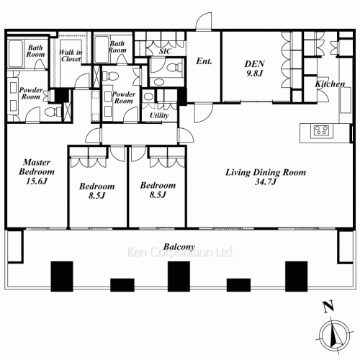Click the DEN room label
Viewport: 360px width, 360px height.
tap(255, 64)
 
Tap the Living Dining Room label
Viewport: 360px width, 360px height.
tap(266, 172)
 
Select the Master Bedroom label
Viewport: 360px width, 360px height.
tap(37, 167)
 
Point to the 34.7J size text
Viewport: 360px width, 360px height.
tap(266, 181)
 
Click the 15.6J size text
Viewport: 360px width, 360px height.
tap(37, 181)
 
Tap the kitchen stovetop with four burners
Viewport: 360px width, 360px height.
tap(322, 131)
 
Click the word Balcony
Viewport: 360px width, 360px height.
tap(179, 247)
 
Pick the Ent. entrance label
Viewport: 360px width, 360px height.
tap(204, 61)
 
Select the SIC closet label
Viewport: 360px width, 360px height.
tap(165, 51)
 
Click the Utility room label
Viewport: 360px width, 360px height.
tap(159, 115)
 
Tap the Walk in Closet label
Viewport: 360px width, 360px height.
tap(71, 55)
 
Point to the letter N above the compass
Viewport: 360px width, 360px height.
tap(328, 307)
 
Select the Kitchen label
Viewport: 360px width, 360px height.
tap(330, 84)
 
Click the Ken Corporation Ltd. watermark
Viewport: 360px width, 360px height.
tap(180, 252)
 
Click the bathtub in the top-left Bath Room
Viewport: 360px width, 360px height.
tap(16, 53)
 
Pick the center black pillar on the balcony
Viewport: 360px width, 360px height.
tap(179, 276)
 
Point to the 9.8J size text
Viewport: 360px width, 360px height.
tap(255, 73)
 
